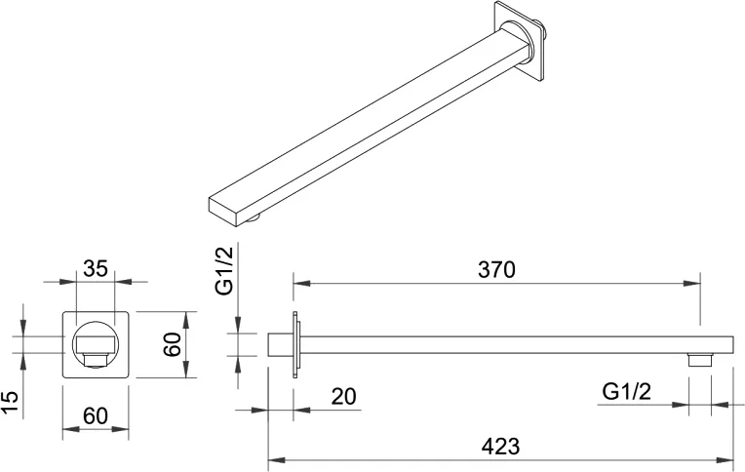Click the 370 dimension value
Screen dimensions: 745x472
point(496,269)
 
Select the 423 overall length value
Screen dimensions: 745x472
point(500,447)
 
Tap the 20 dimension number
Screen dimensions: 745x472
point(343,397)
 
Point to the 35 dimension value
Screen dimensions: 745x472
point(96,268)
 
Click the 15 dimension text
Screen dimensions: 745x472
point(10,403)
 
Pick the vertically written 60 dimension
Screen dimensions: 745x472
point(172,344)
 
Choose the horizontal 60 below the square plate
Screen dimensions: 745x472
point(96,415)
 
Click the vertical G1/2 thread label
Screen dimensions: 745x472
point(224,270)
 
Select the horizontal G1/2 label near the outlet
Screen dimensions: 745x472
point(626,392)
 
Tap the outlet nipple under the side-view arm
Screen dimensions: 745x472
point(699,360)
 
